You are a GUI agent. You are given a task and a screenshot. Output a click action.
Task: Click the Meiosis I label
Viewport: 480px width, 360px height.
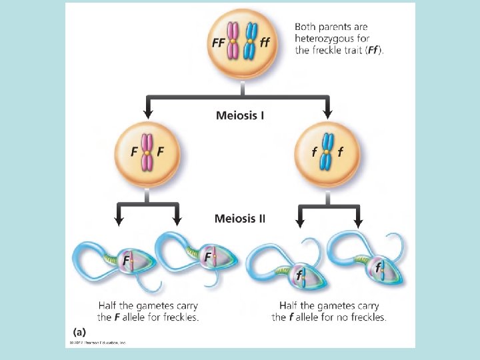240,115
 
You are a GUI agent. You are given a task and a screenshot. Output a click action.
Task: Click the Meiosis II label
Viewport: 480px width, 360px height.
240,218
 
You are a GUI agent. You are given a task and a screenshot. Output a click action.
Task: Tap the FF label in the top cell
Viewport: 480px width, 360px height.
218,43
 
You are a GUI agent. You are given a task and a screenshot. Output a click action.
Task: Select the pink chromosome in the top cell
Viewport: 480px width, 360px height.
233,41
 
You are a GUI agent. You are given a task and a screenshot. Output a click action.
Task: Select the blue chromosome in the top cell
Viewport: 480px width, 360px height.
251,41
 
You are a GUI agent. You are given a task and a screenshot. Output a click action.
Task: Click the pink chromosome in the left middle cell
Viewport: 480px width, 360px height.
147,153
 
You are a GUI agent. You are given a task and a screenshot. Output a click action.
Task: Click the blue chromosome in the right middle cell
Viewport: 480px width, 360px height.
327,153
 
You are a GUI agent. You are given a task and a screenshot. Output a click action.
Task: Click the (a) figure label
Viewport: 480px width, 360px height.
79,331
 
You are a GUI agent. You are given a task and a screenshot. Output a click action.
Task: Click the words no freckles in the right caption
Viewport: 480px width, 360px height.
362,317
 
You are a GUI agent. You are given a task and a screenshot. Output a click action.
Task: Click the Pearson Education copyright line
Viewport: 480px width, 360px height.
97,343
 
